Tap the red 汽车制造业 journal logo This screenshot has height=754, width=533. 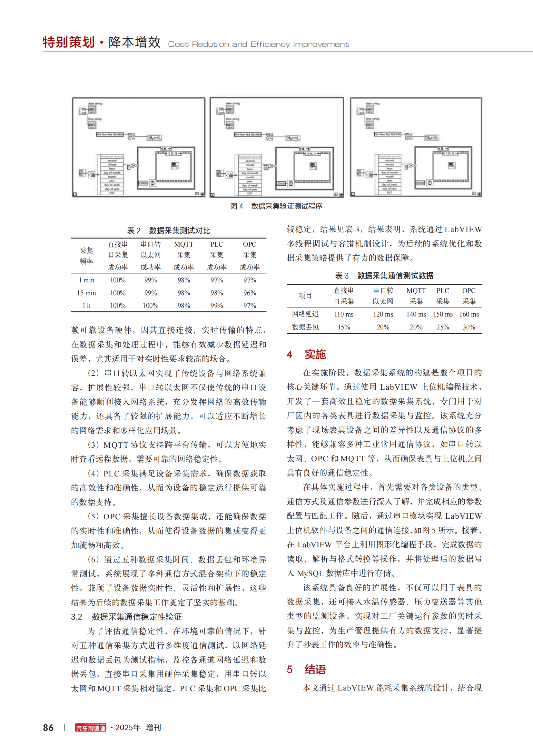(x=91, y=728)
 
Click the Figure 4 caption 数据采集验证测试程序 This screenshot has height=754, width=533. (x=286, y=206)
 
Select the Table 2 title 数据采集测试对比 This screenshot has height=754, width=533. (x=179, y=230)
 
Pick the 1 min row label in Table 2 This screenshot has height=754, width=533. (x=86, y=280)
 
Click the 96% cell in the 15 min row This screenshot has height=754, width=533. (x=250, y=293)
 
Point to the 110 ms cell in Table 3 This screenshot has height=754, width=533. (x=344, y=314)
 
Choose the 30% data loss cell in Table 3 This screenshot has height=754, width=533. (x=469, y=327)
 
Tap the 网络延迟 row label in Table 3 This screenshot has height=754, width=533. (x=305, y=314)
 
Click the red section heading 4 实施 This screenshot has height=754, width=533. (x=306, y=355)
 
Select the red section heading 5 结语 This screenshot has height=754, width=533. (x=306, y=670)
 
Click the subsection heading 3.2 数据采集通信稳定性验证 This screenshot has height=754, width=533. (x=126, y=617)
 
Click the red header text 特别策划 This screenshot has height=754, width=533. (x=69, y=42)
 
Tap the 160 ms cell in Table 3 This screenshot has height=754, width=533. (x=469, y=314)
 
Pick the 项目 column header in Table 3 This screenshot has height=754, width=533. (x=305, y=296)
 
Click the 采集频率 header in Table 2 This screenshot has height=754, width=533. (x=86, y=256)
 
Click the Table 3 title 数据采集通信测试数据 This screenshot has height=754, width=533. (x=395, y=276)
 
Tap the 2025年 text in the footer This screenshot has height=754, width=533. (x=128, y=728)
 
